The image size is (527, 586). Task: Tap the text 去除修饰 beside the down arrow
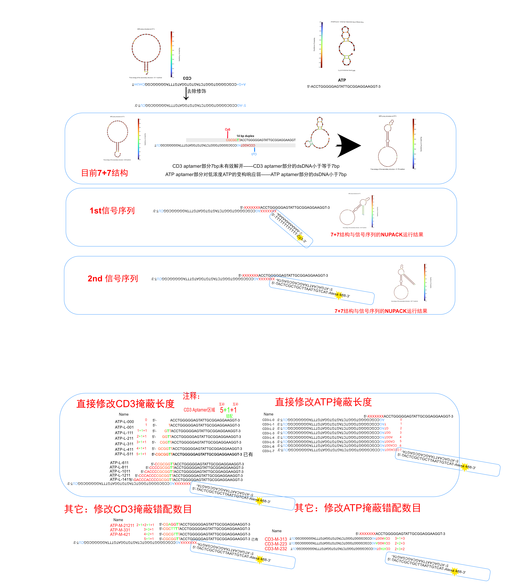(x=196, y=91)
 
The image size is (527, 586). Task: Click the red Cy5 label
(x=228, y=130)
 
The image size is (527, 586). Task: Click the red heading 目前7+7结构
(x=105, y=173)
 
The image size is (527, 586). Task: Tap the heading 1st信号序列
(x=112, y=211)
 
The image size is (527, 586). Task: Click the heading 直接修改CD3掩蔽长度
(x=125, y=404)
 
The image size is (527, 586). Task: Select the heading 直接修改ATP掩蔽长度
(x=323, y=402)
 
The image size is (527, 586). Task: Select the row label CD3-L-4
(x=268, y=438)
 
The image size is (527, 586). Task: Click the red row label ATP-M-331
(x=120, y=530)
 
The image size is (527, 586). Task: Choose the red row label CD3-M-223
(x=276, y=544)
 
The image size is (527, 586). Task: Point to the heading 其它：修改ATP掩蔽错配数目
(x=358, y=508)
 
